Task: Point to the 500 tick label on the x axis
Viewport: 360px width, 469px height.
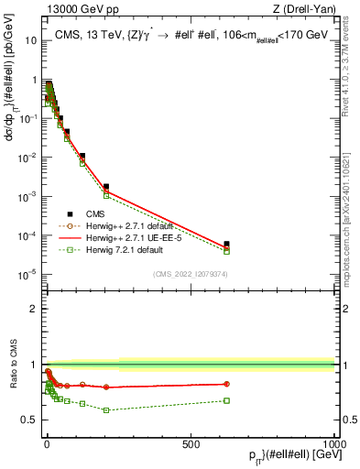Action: click(191, 442)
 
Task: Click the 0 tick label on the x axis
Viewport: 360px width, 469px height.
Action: click(47, 442)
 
